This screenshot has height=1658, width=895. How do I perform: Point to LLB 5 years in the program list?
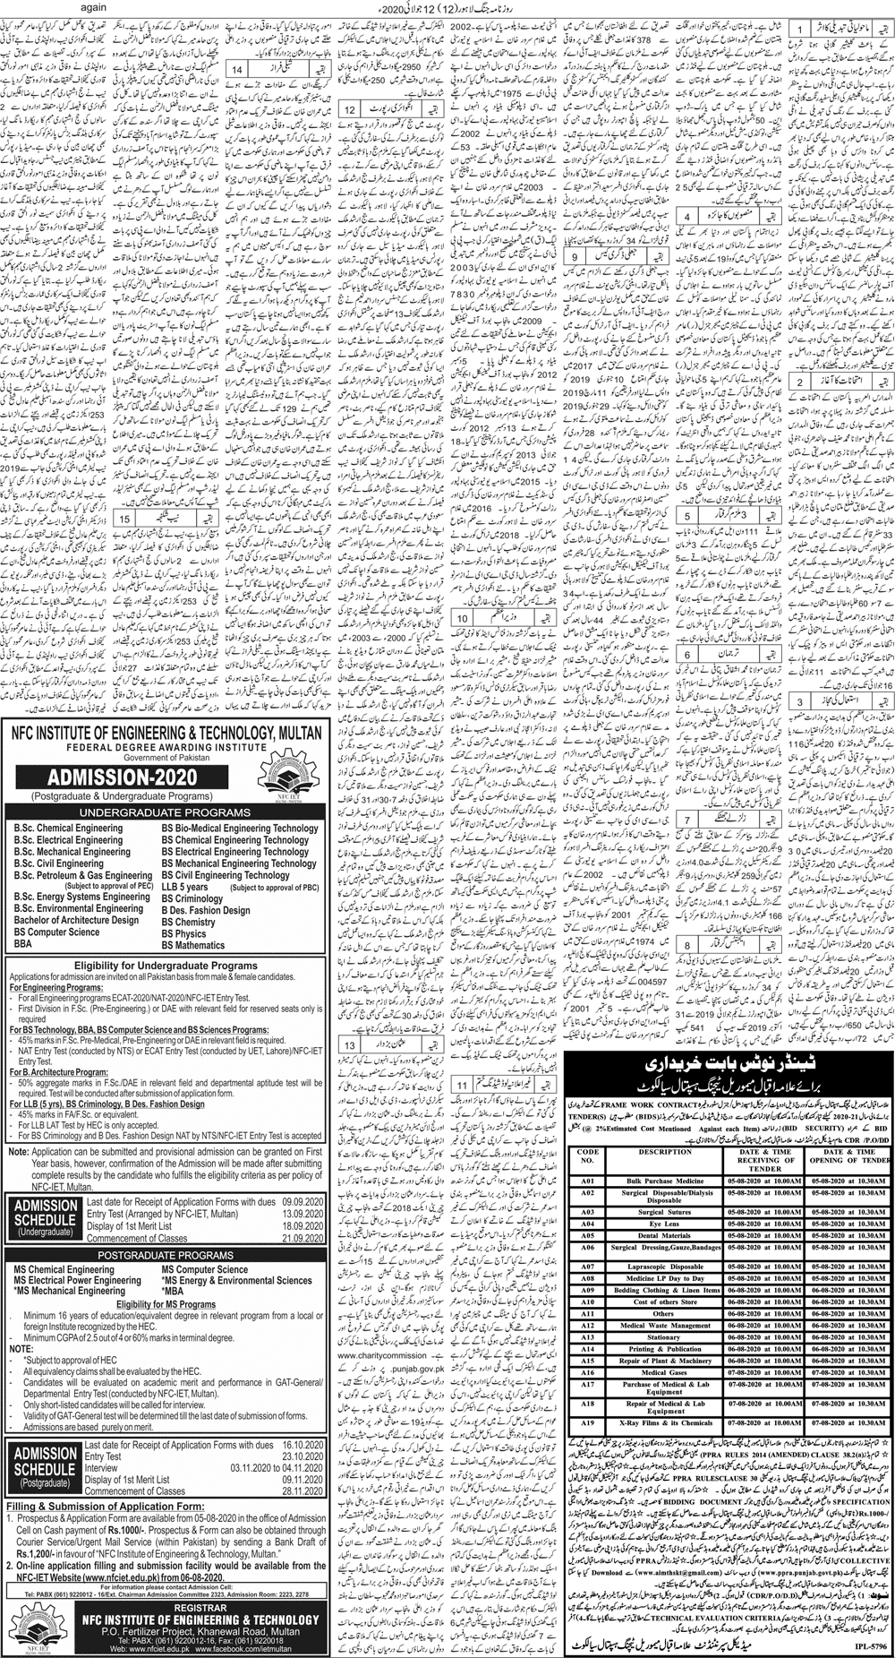pyautogui.click(x=185, y=887)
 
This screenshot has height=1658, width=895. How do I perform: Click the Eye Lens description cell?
pyautogui.click(x=664, y=1224)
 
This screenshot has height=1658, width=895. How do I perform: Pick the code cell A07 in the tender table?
pyautogui.click(x=587, y=1267)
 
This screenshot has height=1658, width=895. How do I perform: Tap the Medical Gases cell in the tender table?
pyautogui.click(x=664, y=1371)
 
